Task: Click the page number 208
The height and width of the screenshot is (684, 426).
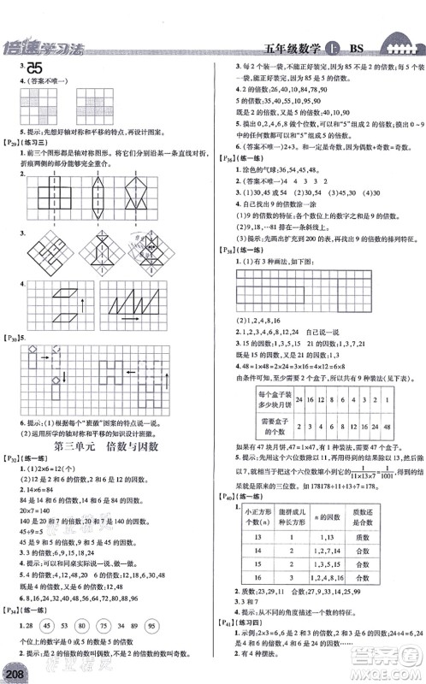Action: (14, 669)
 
